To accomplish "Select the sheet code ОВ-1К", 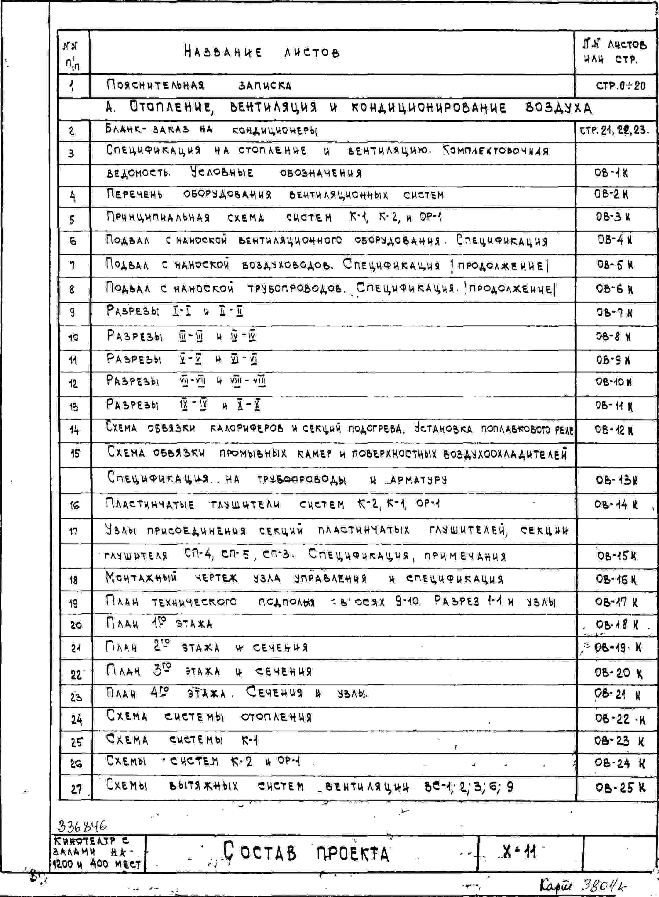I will click(611, 173).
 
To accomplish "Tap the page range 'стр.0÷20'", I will click(620, 86).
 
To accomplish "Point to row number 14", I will click(74, 430).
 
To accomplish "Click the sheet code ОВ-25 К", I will click(620, 787).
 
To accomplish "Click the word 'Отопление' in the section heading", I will click(172, 107).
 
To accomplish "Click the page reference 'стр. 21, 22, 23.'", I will click(614, 130).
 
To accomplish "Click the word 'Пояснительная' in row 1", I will click(155, 85).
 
